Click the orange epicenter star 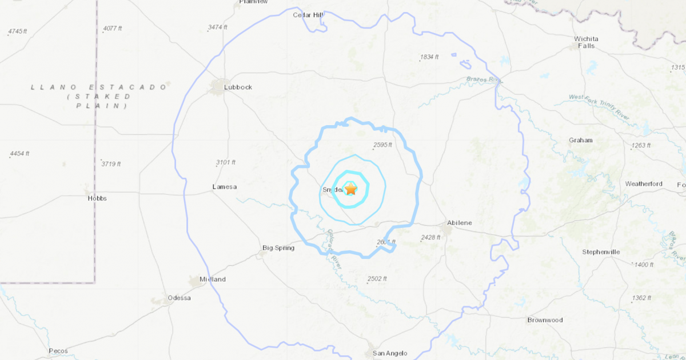click(x=350, y=189)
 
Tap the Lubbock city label click(x=238, y=87)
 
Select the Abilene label click(x=460, y=223)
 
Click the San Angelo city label click(x=390, y=354)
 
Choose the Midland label click(x=212, y=279)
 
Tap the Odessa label click(x=179, y=298)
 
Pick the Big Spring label click(x=278, y=248)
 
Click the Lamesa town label click(x=224, y=187)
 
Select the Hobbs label click(x=97, y=198)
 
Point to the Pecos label click(x=58, y=351)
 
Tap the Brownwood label click(x=545, y=320)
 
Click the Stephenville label click(x=601, y=252)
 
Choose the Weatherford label click(x=644, y=184)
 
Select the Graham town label click(x=581, y=140)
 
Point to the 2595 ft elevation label click(x=382, y=145)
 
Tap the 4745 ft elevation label click(x=18, y=31)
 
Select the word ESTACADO click(x=131, y=87)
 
